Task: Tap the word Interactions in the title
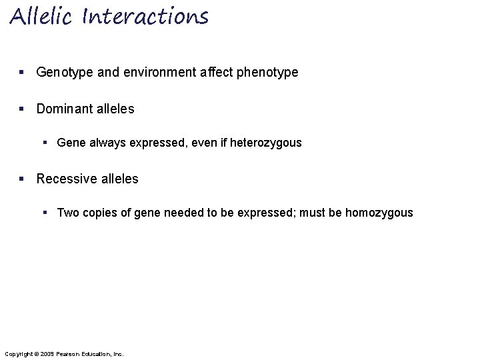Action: point(145,16)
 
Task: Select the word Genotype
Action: point(64,72)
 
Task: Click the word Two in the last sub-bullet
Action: point(67,213)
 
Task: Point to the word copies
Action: point(97,213)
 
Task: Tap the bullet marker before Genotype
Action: point(23,72)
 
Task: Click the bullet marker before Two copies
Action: point(45,213)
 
